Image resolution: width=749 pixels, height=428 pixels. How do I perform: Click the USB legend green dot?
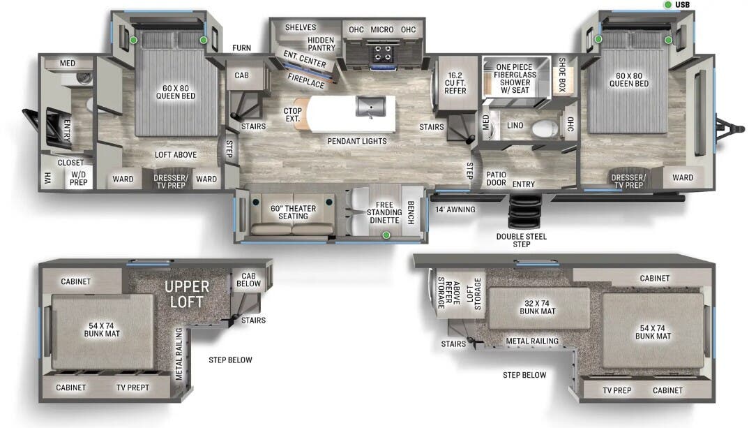[x=668, y=6]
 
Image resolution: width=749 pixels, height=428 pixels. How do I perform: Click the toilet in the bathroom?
[x=545, y=128]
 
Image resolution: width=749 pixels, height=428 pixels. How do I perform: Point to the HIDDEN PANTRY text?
[x=321, y=44]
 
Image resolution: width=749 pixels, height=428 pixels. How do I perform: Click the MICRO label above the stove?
[x=381, y=29]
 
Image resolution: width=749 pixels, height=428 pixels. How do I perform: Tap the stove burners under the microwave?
[x=381, y=52]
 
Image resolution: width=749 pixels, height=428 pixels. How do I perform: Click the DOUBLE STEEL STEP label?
[x=522, y=240]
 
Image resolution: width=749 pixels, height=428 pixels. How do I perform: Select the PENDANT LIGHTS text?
[x=357, y=141]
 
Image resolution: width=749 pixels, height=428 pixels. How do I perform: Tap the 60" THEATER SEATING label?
[x=294, y=212]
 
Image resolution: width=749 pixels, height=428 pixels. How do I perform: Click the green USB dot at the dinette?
[x=386, y=236]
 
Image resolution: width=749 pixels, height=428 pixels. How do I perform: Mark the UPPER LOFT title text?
[x=187, y=294]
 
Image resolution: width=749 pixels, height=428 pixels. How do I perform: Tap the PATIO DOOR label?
[x=496, y=179]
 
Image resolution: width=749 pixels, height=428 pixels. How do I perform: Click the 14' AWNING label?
[x=455, y=209]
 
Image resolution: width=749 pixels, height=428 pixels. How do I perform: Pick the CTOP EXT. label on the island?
[x=292, y=115]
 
